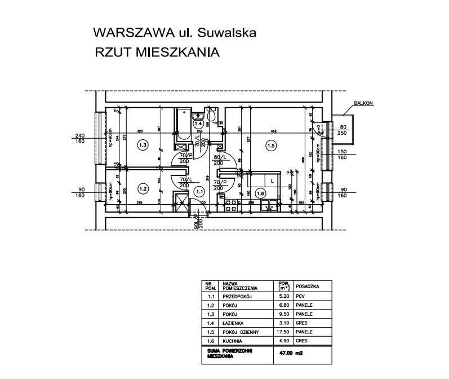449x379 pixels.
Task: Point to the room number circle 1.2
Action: pyautogui.click(x=143, y=189)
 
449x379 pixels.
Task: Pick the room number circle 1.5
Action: pyautogui.click(x=271, y=146)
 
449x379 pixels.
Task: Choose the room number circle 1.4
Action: pyautogui.click(x=198, y=122)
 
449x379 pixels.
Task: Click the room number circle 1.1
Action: pyautogui.click(x=198, y=192)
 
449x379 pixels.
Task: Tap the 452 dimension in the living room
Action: pyautogui.click(x=274, y=131)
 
